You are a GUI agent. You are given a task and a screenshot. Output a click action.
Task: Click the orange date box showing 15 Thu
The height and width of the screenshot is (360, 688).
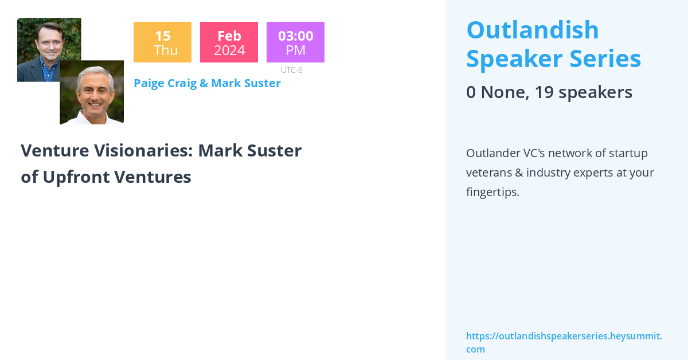point(162,42)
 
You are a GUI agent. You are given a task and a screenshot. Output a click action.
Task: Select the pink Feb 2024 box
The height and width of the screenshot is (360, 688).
point(229,42)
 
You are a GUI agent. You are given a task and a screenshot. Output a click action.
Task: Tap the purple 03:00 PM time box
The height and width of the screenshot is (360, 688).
point(295,42)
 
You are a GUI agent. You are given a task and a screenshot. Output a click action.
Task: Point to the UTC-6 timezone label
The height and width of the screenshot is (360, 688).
point(291,70)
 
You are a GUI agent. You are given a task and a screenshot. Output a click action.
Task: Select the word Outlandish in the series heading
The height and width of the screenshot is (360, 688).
point(533,30)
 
